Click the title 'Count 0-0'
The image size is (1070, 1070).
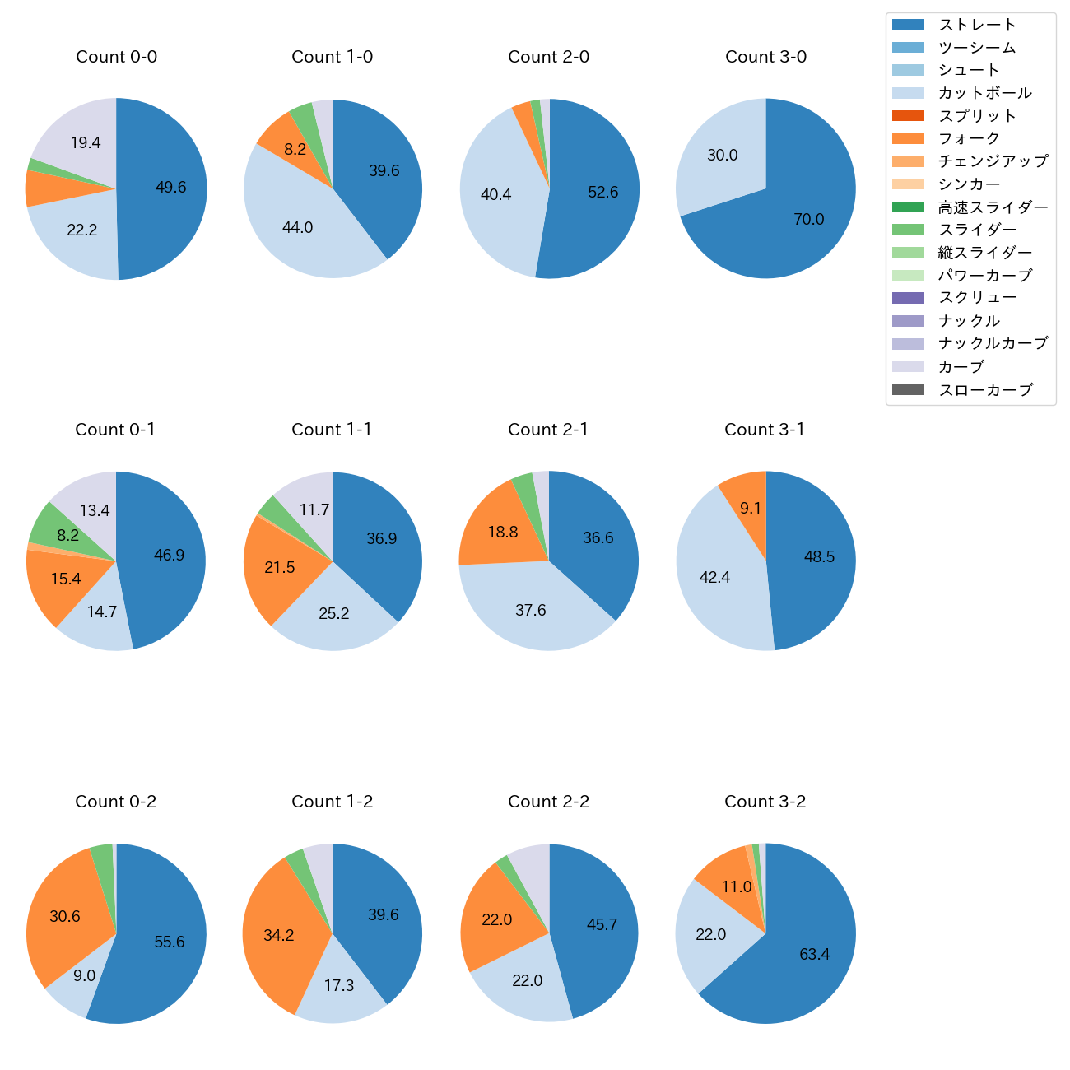point(116,57)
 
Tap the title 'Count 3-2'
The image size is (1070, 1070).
point(765,802)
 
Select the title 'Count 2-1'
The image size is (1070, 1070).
point(548,430)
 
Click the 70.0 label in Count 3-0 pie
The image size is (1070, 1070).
point(808,219)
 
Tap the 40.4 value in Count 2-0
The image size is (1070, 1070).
point(495,194)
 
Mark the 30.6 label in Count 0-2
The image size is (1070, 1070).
point(65,916)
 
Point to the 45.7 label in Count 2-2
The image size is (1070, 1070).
point(602,924)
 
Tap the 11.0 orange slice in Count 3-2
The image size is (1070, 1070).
point(728,881)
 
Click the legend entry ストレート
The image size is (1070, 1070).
point(977,25)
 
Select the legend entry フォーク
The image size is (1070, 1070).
point(969,138)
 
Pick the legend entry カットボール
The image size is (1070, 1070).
point(984,93)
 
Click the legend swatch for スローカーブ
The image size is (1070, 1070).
point(908,389)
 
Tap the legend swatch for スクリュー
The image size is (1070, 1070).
point(908,298)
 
